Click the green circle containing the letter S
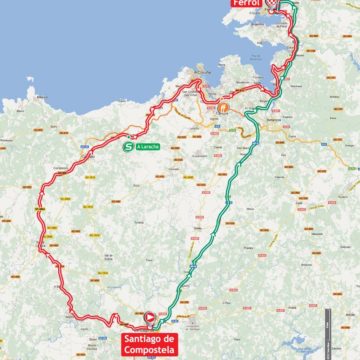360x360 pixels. (x=127, y=147)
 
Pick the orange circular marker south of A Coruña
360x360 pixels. (x=224, y=108)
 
